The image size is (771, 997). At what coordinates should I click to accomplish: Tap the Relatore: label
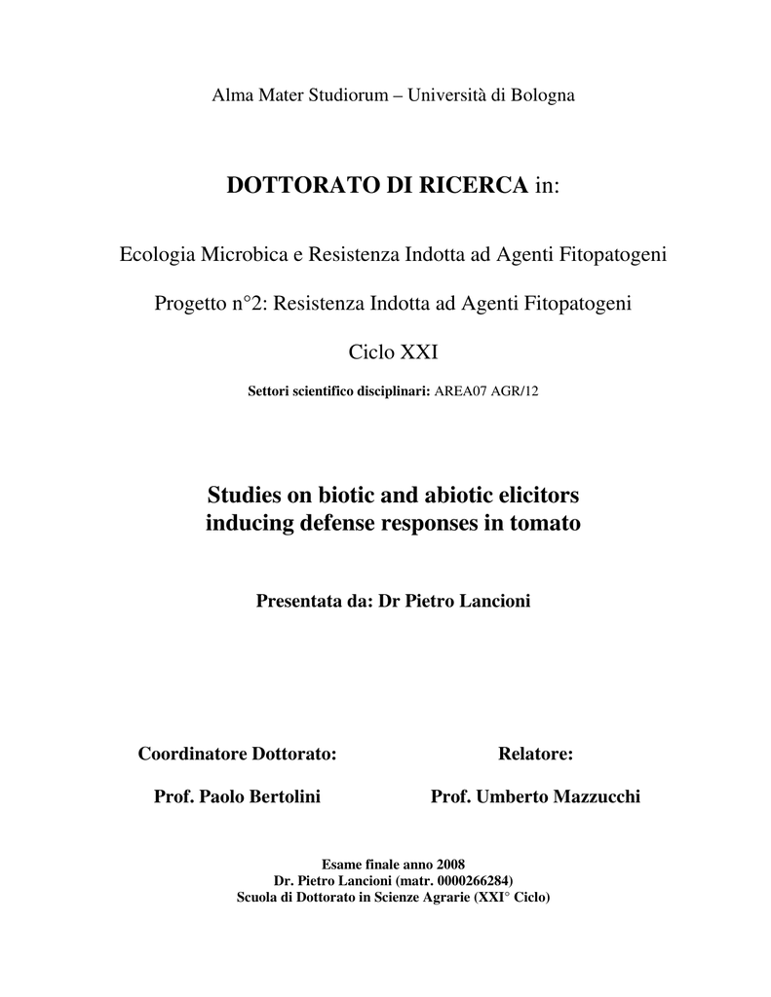pos(535,754)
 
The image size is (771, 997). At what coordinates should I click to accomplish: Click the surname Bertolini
pos(281,797)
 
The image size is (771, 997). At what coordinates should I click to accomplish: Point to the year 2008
pos(449,865)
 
